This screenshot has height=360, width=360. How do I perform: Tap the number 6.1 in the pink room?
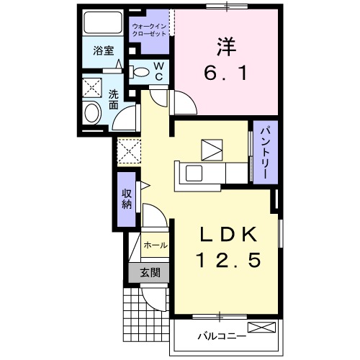point(224,73)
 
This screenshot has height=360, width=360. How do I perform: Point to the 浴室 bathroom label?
point(104,51)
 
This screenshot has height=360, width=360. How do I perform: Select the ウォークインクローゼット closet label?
point(150,31)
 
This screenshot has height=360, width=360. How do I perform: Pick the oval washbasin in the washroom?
point(92,113)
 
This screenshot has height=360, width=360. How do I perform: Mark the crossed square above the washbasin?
point(93,88)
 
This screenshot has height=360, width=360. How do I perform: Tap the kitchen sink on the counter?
point(194,174)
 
